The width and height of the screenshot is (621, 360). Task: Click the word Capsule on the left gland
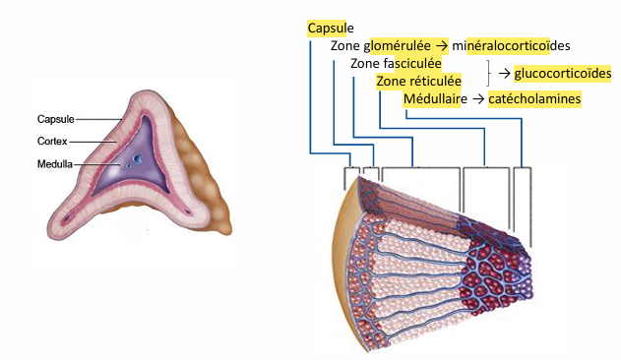coord(56,120)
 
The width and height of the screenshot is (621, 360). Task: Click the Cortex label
coord(53,142)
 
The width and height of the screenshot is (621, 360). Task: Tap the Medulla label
coord(56,164)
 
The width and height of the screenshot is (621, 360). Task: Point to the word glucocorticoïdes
coord(562,73)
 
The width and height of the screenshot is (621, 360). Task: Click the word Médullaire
coord(434,99)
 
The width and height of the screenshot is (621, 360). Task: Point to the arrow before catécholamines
coord(475,99)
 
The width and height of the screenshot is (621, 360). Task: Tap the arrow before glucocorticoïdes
coord(503,73)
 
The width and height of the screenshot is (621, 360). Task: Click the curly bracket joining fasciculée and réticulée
coord(488,73)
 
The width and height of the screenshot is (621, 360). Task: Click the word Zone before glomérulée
coord(345,46)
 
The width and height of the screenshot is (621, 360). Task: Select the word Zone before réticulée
coord(391,82)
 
